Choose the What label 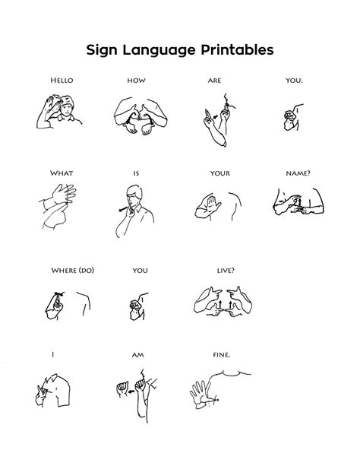62,173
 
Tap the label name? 298,173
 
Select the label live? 226,270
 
